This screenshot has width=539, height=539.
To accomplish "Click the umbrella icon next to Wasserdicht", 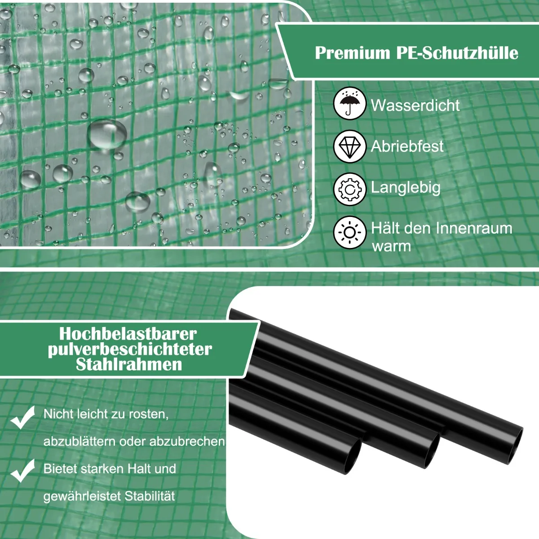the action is coord(349,103).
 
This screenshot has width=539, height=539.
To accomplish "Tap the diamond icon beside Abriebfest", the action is coord(349,146).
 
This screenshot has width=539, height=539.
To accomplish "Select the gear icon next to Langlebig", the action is coord(349,190).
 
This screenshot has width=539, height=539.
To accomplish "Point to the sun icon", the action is coord(349,232).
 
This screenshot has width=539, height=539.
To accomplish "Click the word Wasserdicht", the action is coord(415,105).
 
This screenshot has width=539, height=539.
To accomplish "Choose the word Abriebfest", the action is coord(407,146).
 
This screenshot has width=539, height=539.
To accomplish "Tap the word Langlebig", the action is coord(406,188).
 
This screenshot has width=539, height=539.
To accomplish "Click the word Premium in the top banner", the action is coord(353,53).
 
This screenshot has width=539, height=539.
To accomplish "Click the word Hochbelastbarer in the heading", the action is coord(128,334).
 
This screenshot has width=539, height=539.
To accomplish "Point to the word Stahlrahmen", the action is coord(129,364).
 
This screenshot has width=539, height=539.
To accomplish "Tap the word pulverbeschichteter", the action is coord(130,349).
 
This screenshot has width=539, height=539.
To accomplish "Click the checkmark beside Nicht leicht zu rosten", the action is coord(22,417).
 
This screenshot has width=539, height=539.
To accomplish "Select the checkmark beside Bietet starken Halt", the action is coord(22,471).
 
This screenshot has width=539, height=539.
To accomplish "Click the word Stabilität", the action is coord(150,496).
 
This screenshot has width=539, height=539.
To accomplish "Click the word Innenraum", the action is coord(473,228).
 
